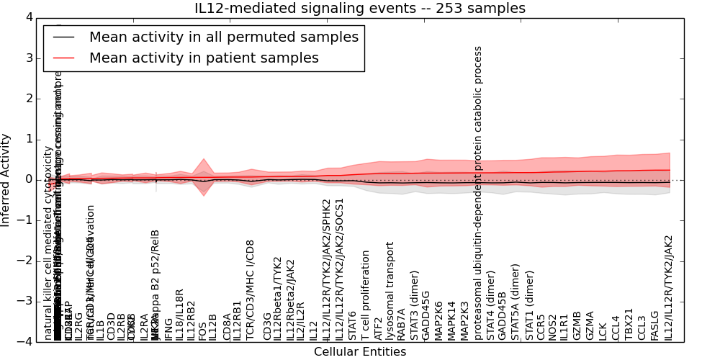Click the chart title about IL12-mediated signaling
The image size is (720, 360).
click(x=360, y=9)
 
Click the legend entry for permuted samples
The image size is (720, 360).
click(x=223, y=37)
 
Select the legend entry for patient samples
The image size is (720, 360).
click(x=204, y=58)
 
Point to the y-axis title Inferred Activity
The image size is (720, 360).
click(x=6, y=179)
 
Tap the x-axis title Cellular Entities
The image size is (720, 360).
click(x=360, y=352)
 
